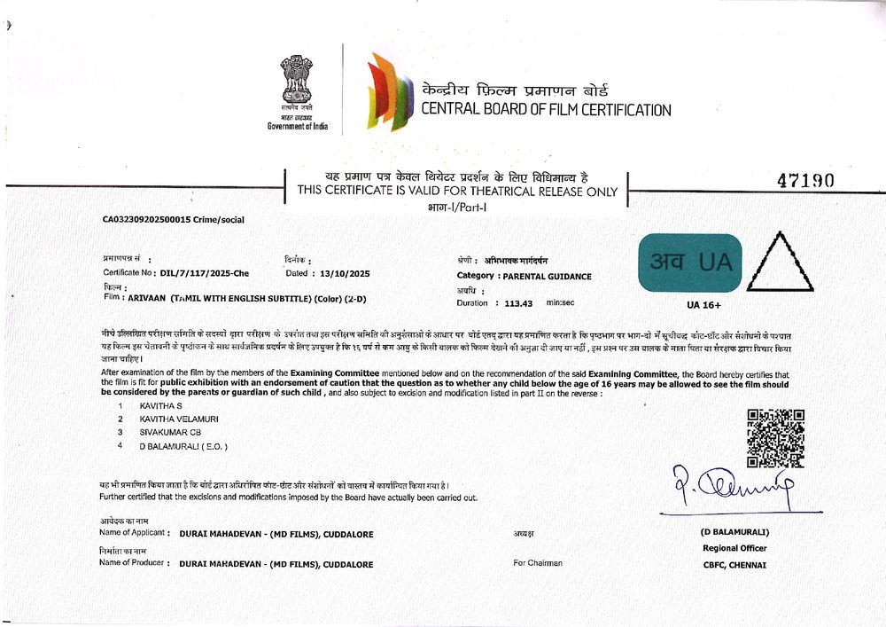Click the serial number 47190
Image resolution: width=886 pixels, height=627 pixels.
(805, 181)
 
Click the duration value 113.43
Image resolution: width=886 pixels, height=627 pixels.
(518, 303)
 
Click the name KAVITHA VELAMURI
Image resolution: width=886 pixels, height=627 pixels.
(179, 418)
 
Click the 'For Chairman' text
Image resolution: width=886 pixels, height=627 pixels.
(537, 562)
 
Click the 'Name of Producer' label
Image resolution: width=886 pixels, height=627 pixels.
(133, 562)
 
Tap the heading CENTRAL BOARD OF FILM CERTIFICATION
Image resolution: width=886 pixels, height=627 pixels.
(545, 110)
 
